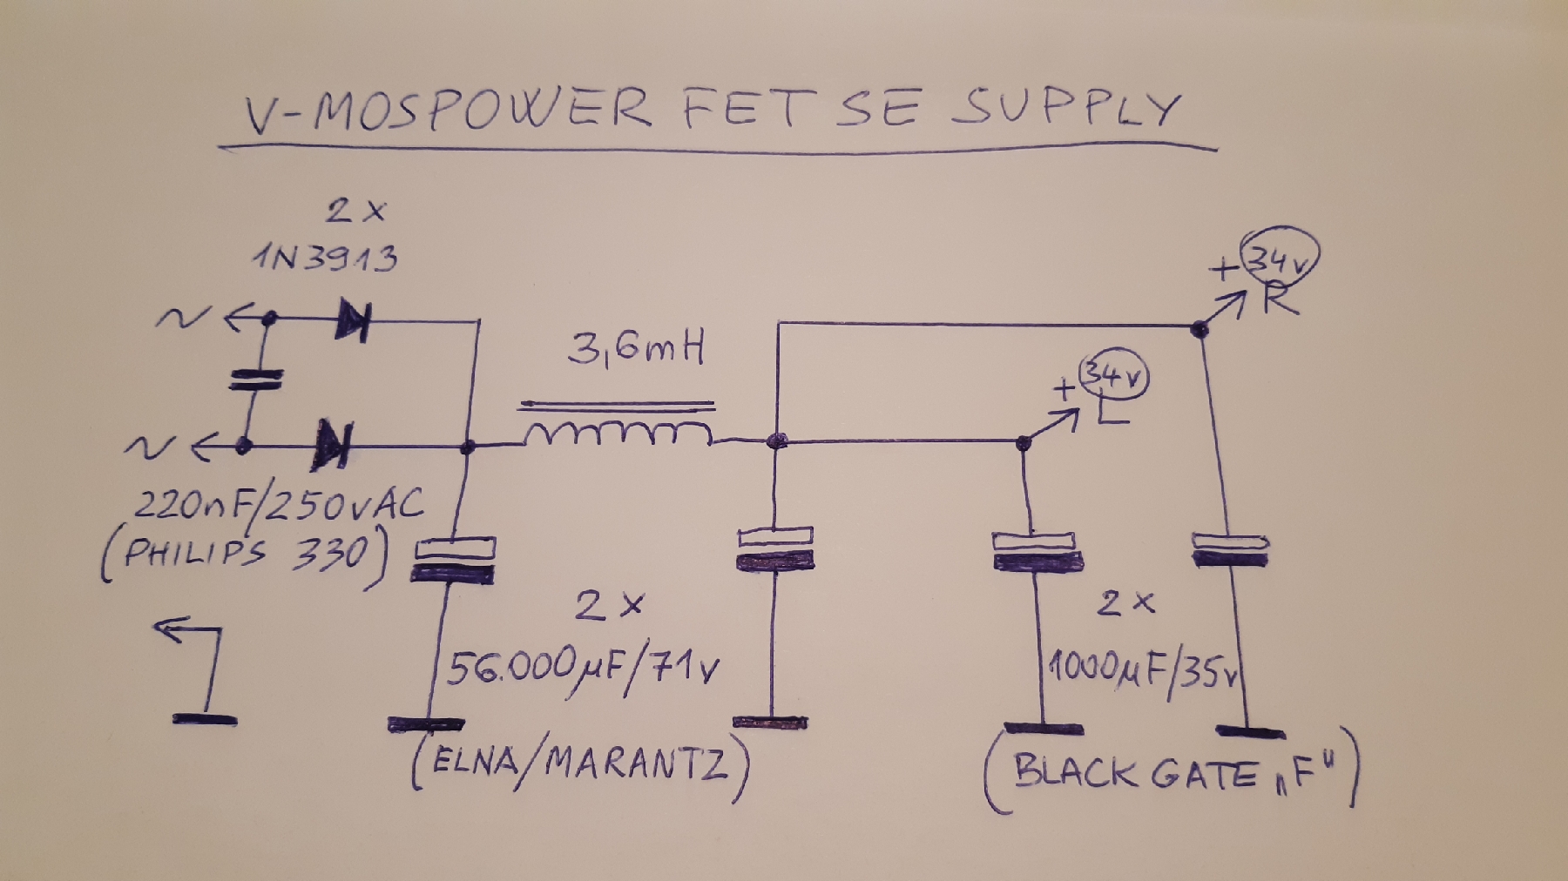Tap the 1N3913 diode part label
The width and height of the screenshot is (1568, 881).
coord(325,258)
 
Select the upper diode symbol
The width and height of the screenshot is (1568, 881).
coord(353,321)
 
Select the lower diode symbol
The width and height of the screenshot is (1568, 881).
coord(333,445)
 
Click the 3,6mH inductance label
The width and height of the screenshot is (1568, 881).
coord(635,350)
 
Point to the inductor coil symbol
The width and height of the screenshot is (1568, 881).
coord(617,432)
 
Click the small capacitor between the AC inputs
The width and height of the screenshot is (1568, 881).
coord(255,380)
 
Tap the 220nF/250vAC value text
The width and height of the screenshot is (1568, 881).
coord(278,505)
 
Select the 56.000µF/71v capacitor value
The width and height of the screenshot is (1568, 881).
coord(582,668)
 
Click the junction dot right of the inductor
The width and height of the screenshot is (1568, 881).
coord(776,442)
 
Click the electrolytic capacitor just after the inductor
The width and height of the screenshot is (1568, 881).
coord(774,548)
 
